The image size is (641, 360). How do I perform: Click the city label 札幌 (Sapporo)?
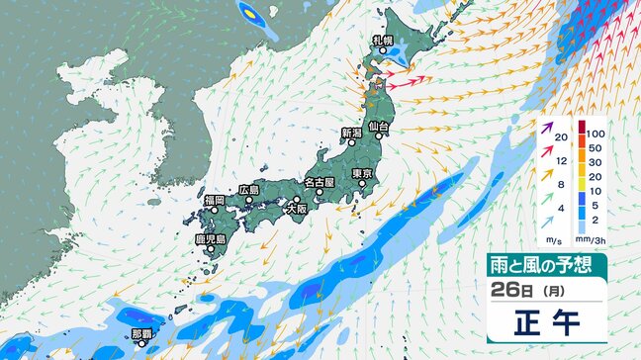383,41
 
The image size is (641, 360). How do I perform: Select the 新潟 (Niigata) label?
351,133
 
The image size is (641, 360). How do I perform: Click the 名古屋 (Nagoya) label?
320,183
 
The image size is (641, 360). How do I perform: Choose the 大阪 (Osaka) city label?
296,210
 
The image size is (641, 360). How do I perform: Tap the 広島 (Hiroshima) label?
248,190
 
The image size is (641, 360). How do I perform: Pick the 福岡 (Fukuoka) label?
214,200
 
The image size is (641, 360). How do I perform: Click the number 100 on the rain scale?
593,132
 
